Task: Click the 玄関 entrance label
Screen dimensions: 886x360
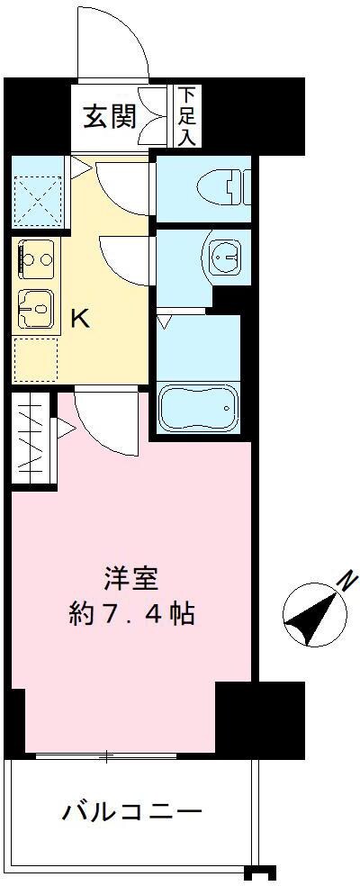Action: coord(110,117)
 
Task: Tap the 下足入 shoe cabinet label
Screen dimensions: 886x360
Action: coord(188,115)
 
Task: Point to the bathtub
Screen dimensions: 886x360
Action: coord(198,407)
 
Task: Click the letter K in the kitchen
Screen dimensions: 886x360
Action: coord(80,319)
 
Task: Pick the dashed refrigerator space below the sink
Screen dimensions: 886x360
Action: coord(36,359)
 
